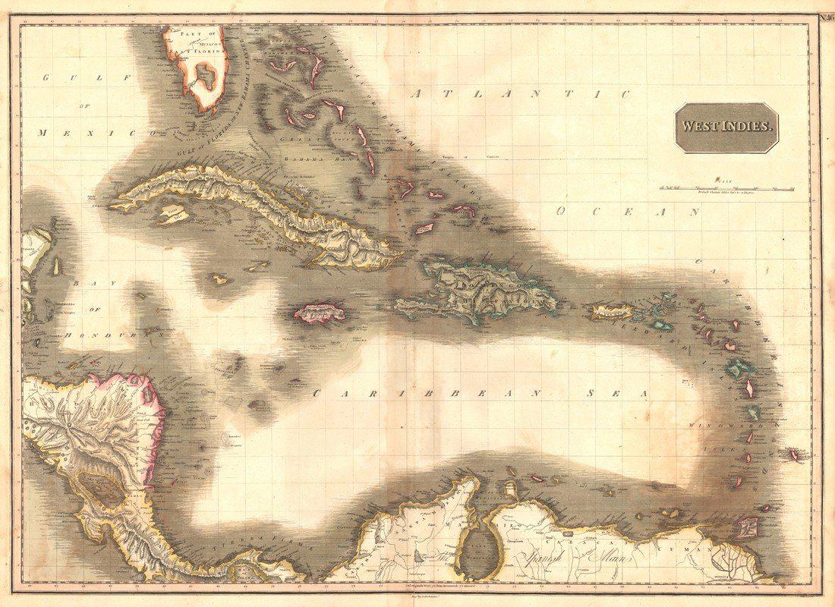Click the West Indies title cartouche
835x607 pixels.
727,127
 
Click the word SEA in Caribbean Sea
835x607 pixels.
619,394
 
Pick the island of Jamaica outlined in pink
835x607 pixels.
320,312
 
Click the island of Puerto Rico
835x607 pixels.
612,310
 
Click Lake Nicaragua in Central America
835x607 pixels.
102,489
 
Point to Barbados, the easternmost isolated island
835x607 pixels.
794,454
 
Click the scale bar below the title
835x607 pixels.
726,187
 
